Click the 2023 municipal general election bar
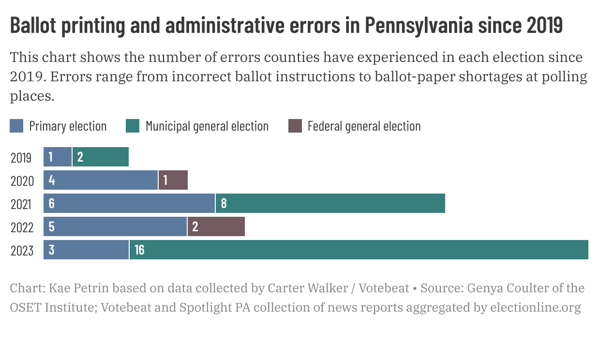coord(358,250)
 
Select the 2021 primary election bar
coord(129,203)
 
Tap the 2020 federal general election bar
coord(173,180)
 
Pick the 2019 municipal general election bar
coord(101,157)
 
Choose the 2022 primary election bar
coord(115,226)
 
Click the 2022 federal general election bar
coord(216,226)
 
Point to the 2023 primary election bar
coord(86,250)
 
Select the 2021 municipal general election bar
coord(330,203)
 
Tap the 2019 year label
coord(21,158)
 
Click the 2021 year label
coord(21,204)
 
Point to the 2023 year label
coord(22,251)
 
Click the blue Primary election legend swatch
coord(16,126)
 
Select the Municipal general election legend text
coord(207,126)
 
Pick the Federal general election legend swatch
coord(295,126)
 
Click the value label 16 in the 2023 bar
coord(139,250)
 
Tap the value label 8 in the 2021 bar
coord(224,203)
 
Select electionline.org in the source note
coord(535,308)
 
